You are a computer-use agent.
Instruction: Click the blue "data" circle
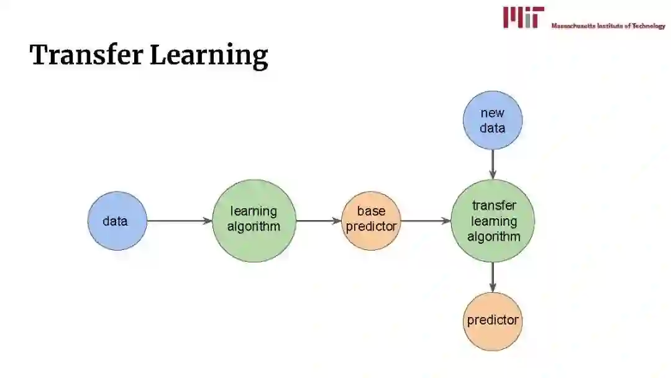click(117, 221)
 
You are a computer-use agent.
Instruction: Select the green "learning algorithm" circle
click(254, 220)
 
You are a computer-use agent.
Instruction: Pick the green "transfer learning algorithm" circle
click(493, 221)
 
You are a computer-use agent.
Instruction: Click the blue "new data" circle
click(493, 120)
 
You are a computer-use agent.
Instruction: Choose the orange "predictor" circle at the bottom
click(493, 321)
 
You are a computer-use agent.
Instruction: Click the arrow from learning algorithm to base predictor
click(318, 221)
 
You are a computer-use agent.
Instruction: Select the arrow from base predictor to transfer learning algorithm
click(425, 221)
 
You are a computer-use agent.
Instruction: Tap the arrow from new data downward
click(493, 164)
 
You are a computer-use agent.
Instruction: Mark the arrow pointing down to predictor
click(493, 277)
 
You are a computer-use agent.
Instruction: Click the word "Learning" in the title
click(209, 56)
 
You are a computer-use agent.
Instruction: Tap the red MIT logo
click(523, 17)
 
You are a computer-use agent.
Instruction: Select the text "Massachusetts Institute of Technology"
click(608, 26)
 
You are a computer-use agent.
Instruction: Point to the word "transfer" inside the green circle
click(494, 206)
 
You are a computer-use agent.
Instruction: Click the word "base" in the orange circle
click(371, 211)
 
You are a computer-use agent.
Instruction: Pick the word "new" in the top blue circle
click(493, 113)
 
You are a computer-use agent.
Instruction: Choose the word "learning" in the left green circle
click(253, 211)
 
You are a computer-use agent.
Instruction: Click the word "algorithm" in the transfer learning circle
click(494, 236)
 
